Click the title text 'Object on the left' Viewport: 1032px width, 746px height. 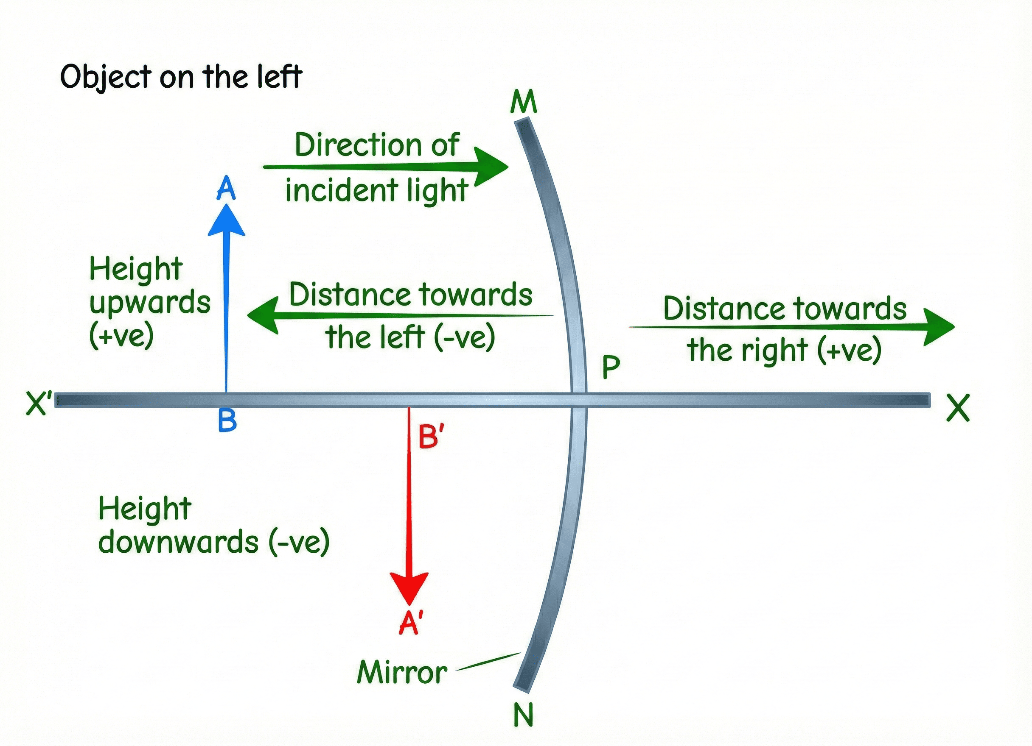[x=181, y=77]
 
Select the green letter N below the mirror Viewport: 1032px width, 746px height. [x=523, y=715]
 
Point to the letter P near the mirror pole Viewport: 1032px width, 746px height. [x=611, y=367]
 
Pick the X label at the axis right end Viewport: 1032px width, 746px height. [x=958, y=408]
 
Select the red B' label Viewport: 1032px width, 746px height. [x=430, y=437]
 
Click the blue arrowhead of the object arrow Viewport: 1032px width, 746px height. [x=227, y=220]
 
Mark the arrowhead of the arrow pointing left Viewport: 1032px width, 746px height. [x=263, y=315]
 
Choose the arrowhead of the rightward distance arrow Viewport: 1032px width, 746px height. [x=939, y=326]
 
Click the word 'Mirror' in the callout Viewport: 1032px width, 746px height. [x=402, y=672]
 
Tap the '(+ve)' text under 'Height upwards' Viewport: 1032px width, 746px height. [x=121, y=336]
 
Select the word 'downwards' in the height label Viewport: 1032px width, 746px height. [x=178, y=543]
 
